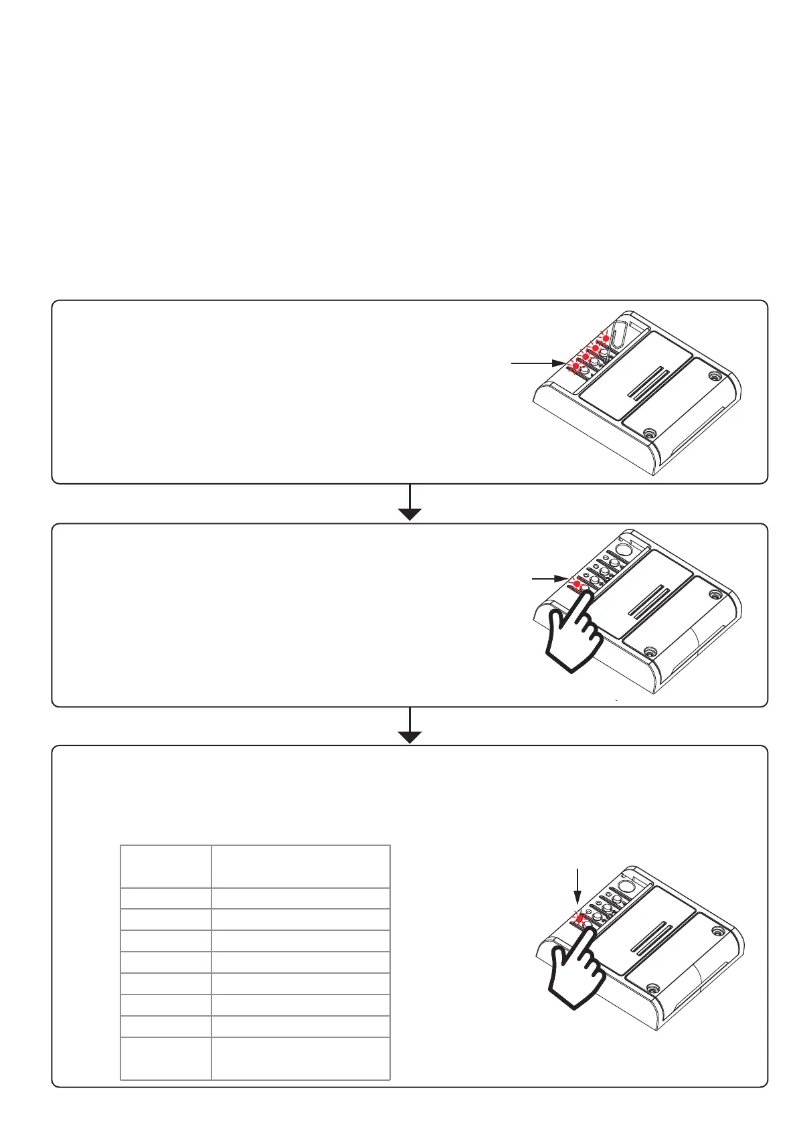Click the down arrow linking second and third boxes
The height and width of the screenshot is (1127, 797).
click(x=409, y=725)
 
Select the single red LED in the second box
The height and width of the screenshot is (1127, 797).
click(x=577, y=584)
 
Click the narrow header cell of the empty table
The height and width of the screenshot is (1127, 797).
click(x=165, y=866)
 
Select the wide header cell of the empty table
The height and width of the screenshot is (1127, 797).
click(x=300, y=866)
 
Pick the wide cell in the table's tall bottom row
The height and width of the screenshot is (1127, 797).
click(x=300, y=1058)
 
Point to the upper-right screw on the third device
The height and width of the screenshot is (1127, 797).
click(x=718, y=930)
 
